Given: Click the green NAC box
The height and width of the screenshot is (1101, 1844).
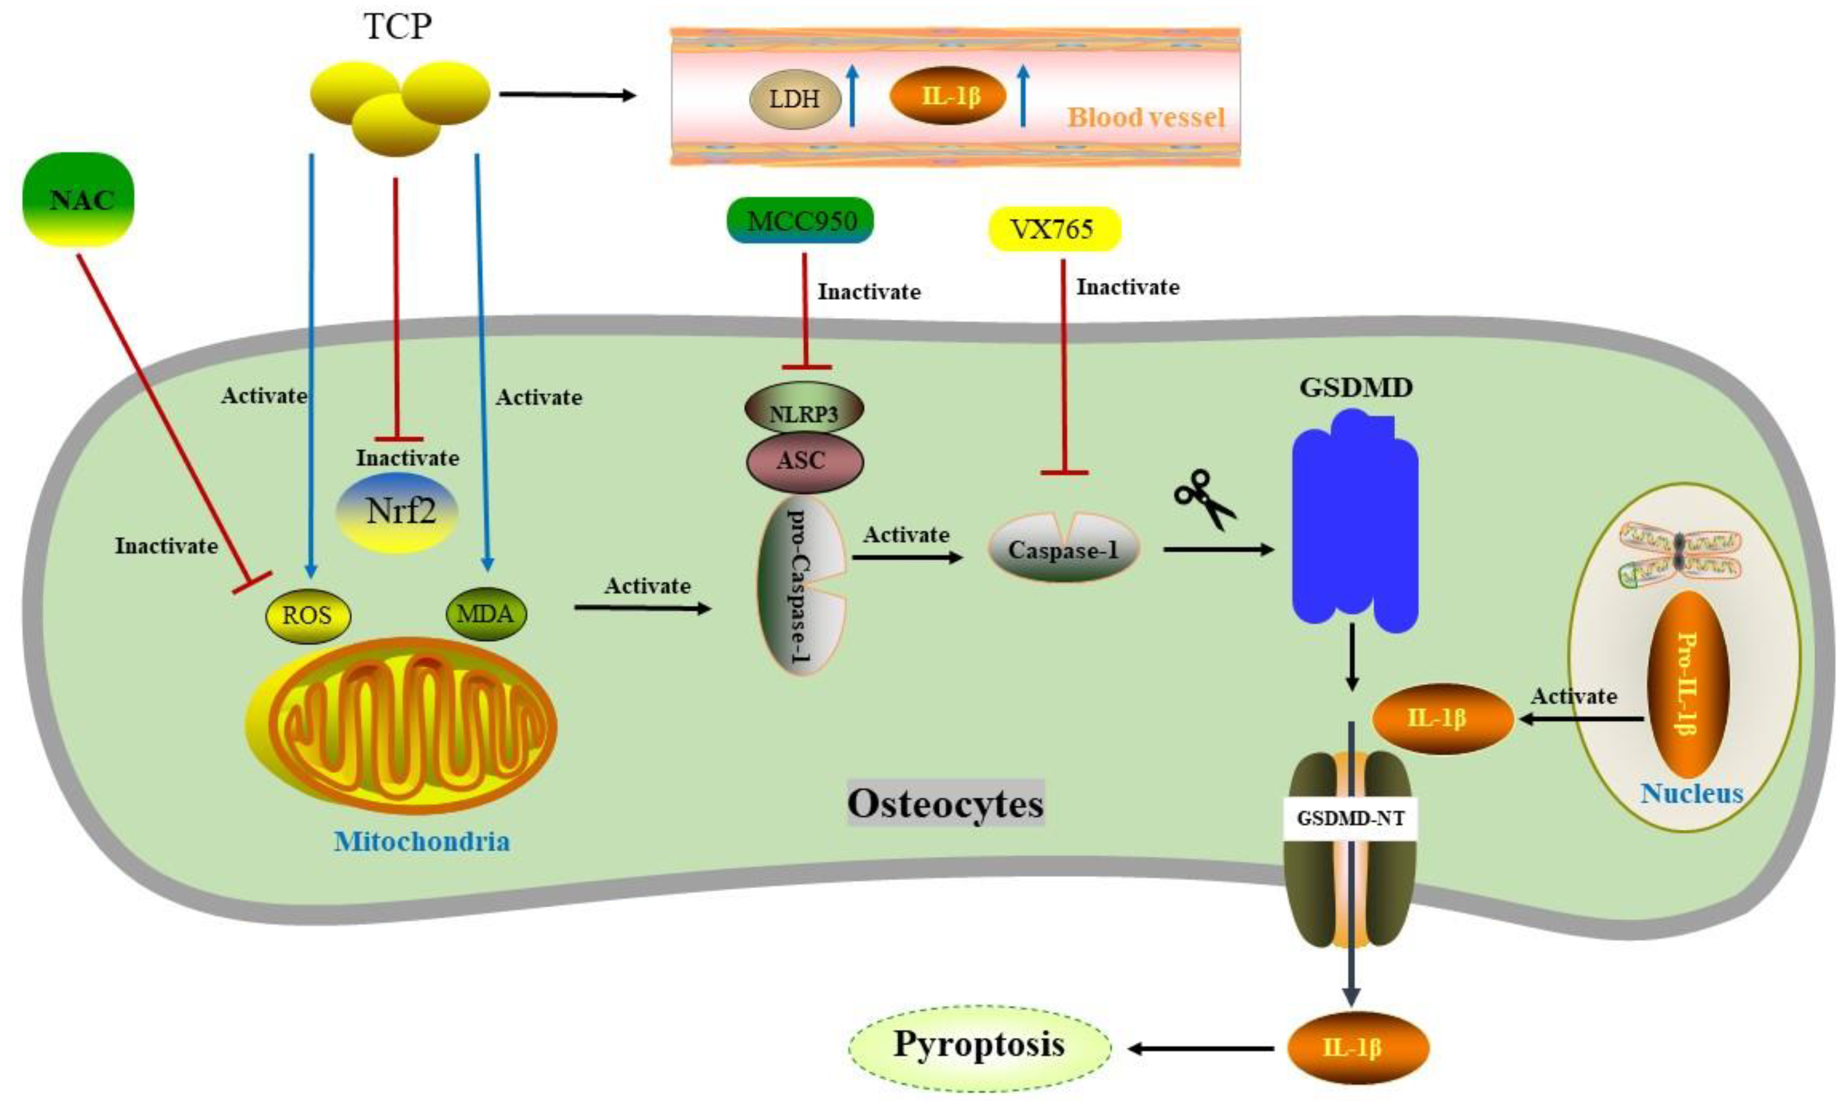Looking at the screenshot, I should [79, 199].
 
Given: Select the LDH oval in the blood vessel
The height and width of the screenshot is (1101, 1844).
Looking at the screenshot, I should [794, 98].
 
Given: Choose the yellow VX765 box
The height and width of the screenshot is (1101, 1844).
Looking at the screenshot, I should [1054, 228].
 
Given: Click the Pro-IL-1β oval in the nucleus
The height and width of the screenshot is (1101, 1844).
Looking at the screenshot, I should [1687, 683].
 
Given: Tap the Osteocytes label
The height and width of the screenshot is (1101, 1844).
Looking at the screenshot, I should [945, 804].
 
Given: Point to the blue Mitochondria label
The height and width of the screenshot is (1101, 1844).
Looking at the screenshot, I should [421, 841].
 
